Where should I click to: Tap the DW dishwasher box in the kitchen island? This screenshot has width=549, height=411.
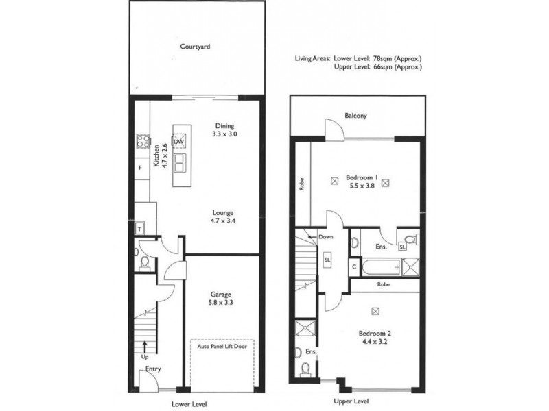tap(178, 142)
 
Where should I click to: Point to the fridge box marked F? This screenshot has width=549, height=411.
tap(140, 168)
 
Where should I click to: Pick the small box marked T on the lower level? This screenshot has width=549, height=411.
tap(140, 229)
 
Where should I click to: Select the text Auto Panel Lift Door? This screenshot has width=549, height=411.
tap(222, 347)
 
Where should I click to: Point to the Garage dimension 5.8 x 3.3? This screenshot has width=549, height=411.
tap(221, 301)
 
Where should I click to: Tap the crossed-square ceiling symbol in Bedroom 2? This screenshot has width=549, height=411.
tap(375, 310)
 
